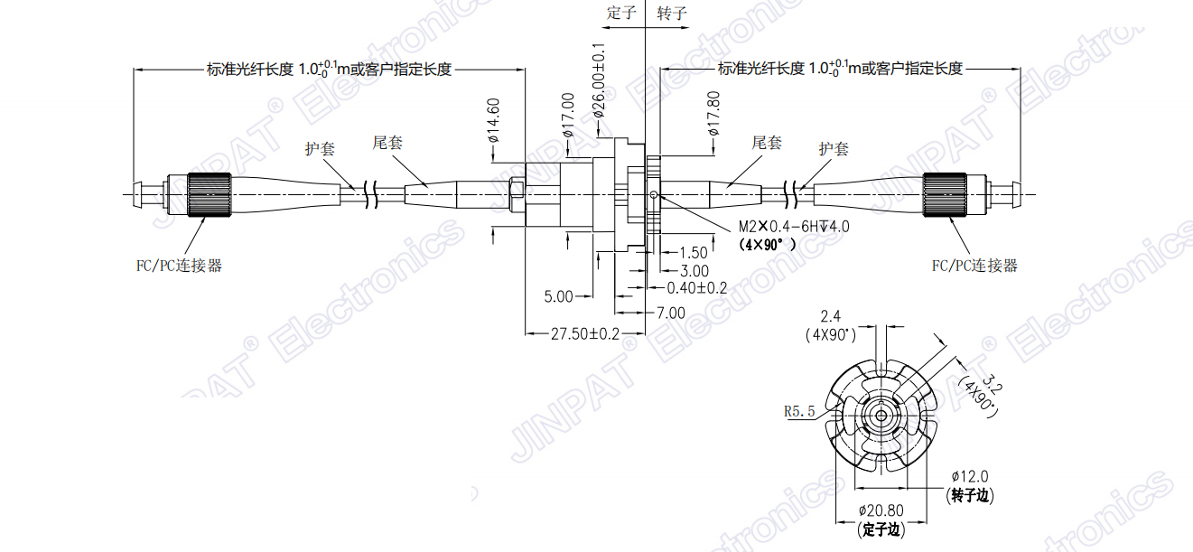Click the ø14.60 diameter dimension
pos(494,121)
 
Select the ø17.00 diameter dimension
pos(568,115)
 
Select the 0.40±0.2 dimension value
pos(696,288)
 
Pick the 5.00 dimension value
pos(558,296)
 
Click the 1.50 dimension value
pos(693,253)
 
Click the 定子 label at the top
pos(622,13)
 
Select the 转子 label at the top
pos(672,13)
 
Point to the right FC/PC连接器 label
pos(974,266)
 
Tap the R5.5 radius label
pos(799,411)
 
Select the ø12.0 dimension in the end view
pos(970,476)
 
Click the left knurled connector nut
pos(208,194)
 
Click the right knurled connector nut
pos(946,194)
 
